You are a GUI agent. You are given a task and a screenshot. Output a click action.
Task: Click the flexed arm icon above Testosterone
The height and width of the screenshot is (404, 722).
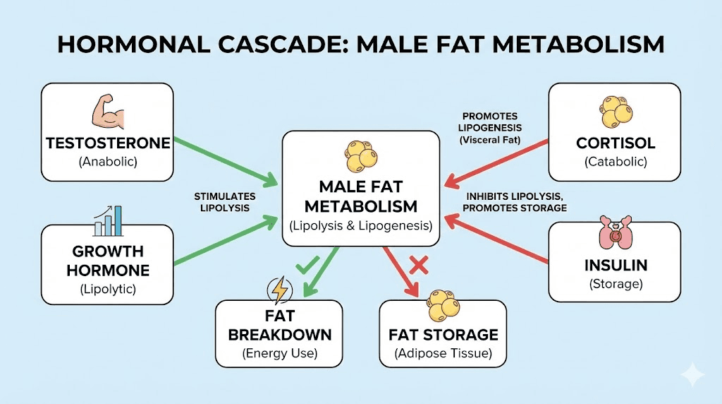pos(107,114)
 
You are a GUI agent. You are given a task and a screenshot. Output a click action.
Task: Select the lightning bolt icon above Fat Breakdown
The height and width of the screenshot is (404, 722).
pos(279,291)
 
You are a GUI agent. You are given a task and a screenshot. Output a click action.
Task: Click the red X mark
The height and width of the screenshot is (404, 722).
pos(419,266)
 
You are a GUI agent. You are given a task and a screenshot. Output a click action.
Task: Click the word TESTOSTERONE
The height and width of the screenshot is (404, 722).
pos(108,143)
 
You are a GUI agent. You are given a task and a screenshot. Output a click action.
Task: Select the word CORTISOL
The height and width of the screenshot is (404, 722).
pos(615,143)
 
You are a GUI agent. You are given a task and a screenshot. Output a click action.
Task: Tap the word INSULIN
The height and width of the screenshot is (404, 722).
pos(615,266)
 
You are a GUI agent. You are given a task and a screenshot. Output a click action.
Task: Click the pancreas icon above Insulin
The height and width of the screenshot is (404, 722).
pos(614,234)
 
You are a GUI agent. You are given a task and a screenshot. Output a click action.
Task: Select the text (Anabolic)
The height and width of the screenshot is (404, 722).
pos(108,162)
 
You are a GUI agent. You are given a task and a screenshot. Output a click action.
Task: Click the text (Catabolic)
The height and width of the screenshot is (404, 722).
pos(615,162)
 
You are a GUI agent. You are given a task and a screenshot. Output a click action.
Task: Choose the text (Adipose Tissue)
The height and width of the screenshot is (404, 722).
pos(443,353)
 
